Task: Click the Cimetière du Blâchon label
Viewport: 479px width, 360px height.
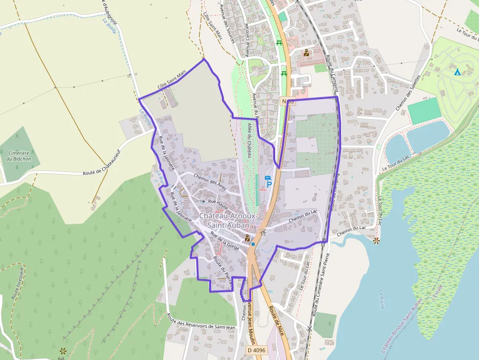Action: (x=17, y=155)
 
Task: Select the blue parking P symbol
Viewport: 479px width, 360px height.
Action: (x=269, y=185)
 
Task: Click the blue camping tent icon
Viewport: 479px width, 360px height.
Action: (x=457, y=72)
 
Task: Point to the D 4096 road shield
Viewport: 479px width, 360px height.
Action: (x=256, y=350)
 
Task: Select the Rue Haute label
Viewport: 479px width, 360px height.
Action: (x=218, y=201)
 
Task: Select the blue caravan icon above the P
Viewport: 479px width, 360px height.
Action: (x=267, y=178)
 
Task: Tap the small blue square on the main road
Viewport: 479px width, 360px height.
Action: (x=253, y=243)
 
